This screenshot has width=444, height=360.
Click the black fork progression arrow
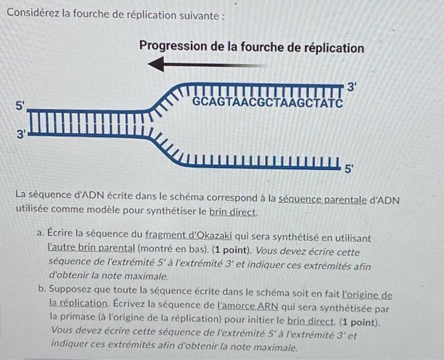click(206, 64)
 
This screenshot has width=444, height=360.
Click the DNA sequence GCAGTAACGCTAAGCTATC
click(267, 103)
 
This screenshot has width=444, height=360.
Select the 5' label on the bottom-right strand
click(350, 169)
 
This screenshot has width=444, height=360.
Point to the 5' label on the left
click(21, 106)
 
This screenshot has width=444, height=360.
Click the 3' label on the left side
click(21, 134)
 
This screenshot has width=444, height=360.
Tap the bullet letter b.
click(40, 296)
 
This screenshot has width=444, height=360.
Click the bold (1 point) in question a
click(199, 249)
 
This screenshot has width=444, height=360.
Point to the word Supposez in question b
click(71, 296)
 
